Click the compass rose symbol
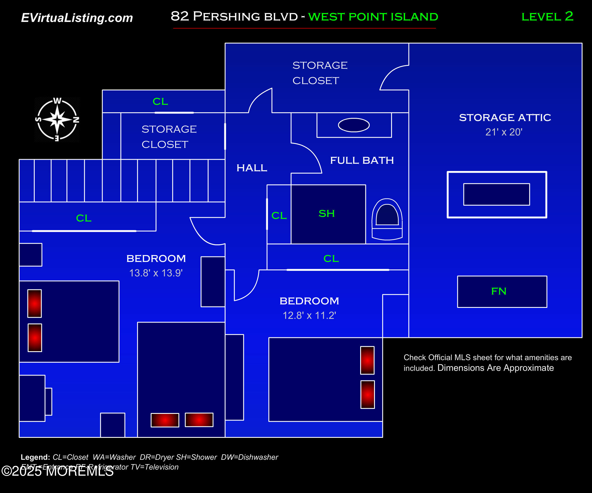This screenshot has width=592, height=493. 57,119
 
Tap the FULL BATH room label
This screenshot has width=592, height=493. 362,160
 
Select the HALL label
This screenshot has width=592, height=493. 251,168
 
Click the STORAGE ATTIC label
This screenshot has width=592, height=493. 505,118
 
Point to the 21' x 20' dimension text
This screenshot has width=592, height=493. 504,132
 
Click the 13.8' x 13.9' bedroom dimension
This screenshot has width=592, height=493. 156,273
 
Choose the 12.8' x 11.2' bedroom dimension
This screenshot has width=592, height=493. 309,315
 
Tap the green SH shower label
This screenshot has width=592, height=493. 327,213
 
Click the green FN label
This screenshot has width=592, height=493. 499,291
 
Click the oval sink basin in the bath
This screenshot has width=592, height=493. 354,125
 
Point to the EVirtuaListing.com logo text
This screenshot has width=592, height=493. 77,18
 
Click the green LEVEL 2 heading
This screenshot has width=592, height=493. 547,16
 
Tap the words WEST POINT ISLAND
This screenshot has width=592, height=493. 373,17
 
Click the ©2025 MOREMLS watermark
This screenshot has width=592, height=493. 58,471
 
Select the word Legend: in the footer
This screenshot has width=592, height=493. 35,457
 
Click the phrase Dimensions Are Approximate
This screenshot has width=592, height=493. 495,368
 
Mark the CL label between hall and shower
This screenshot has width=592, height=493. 279,215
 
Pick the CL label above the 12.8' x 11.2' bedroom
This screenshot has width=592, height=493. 331,258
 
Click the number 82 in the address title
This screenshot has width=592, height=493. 180,16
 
